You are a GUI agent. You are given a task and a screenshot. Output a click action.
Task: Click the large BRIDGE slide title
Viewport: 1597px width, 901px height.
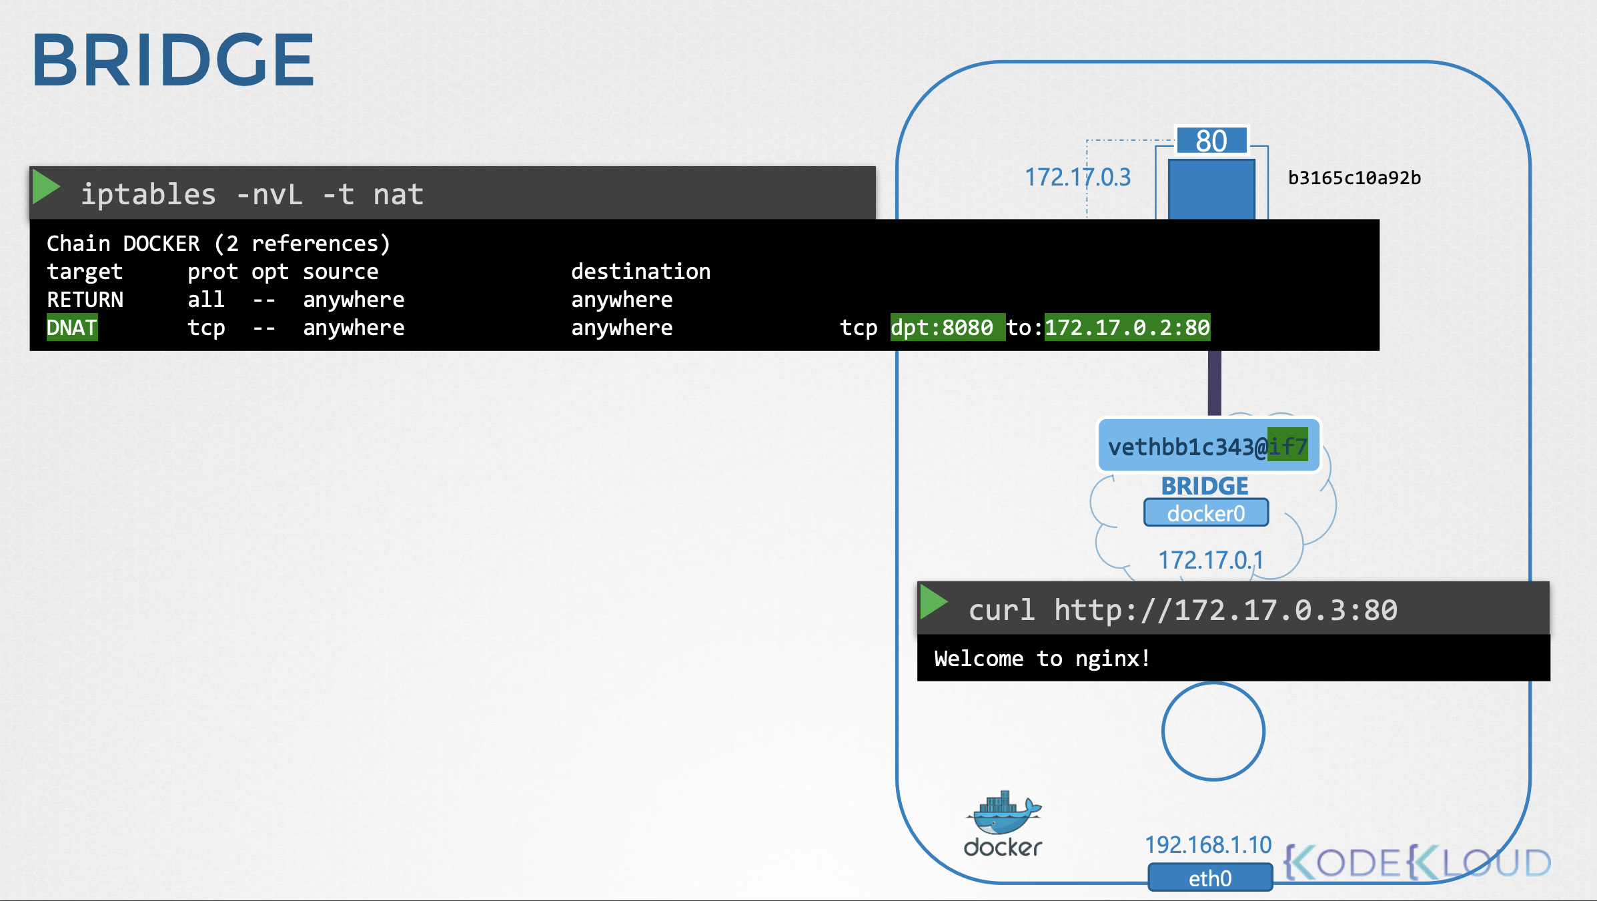point(173,60)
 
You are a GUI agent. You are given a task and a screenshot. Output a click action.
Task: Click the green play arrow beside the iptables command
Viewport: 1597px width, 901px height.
point(46,187)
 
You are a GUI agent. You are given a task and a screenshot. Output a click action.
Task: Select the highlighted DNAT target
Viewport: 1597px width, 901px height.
point(72,328)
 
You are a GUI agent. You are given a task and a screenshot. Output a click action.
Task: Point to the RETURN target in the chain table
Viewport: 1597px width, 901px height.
point(85,300)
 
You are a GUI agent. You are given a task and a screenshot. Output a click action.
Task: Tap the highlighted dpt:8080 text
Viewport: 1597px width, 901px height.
point(947,327)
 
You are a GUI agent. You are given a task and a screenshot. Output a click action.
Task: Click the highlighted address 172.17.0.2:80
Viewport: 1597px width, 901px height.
point(1127,327)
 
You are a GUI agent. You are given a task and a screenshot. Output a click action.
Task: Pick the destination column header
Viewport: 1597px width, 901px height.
point(640,272)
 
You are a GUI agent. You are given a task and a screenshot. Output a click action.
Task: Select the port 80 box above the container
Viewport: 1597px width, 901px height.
point(1211,141)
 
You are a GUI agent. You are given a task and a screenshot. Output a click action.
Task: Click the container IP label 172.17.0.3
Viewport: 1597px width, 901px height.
point(1077,178)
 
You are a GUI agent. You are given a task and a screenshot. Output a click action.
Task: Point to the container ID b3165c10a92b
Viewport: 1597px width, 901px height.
point(1354,178)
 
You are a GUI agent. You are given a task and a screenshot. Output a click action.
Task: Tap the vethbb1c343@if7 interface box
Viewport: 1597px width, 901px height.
point(1208,446)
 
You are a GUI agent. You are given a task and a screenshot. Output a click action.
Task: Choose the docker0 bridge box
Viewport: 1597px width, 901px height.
point(1206,513)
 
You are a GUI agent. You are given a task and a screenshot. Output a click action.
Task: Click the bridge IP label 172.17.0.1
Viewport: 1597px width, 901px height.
point(1211,560)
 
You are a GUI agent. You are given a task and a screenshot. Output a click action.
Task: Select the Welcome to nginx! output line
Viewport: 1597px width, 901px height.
point(1042,659)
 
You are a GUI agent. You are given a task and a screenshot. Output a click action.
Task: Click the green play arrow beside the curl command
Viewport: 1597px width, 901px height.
point(933,602)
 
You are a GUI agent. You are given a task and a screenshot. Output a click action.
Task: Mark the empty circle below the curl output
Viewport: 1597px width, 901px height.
point(1213,683)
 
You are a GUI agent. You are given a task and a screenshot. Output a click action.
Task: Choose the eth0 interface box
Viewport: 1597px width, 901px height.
point(1210,878)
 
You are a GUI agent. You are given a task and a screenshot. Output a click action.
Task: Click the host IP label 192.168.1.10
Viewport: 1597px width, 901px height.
point(1208,845)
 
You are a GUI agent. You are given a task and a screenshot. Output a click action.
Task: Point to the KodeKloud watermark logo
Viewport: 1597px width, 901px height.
point(1418,862)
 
